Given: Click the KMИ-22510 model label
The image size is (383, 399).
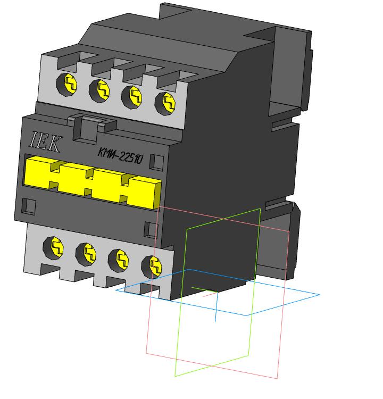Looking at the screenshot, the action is pyautogui.click(x=120, y=156).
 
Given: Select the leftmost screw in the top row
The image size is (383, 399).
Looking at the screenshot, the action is pyautogui.click(x=66, y=84).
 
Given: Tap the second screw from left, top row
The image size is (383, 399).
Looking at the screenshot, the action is pyautogui.click(x=99, y=90).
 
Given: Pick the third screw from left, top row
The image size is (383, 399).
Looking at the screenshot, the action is pyautogui.click(x=132, y=97).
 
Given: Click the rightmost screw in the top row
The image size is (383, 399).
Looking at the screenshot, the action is pyautogui.click(x=165, y=104).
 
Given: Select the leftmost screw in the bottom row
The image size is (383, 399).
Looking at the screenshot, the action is pyautogui.click(x=53, y=248).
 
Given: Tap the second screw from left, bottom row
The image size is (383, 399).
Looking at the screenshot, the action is pyautogui.click(x=86, y=254).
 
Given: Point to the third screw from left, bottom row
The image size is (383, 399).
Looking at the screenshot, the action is pyautogui.click(x=118, y=261).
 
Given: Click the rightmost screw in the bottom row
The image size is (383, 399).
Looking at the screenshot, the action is pyautogui.click(x=152, y=267).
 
